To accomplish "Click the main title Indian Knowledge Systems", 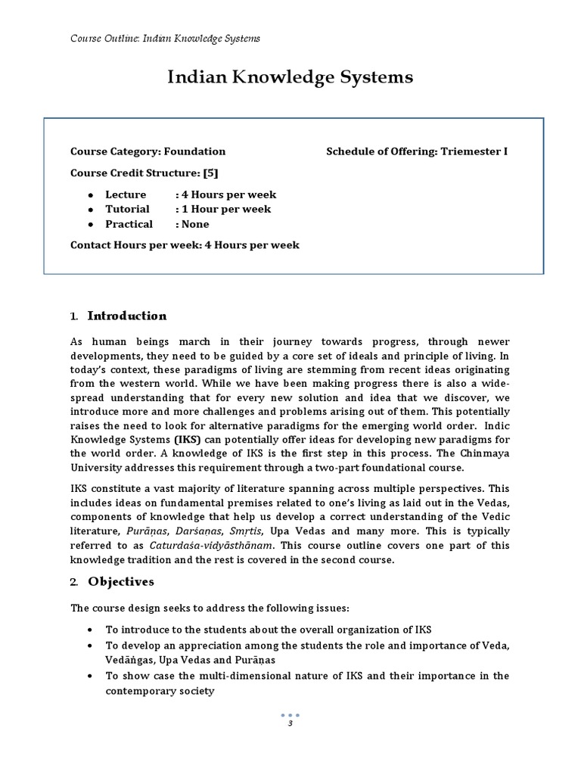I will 290,77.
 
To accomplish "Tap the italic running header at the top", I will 166,38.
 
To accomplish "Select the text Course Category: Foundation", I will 148,151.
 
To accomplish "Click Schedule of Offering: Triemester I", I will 417,151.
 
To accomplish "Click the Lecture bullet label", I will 126,195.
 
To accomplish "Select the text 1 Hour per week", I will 225,209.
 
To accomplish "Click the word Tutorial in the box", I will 127,209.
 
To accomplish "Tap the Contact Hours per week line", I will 185,244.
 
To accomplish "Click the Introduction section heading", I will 127,316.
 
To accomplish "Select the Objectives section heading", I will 121,582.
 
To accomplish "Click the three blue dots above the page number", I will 290,715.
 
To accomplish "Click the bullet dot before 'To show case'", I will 90,676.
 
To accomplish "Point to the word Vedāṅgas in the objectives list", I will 129,660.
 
